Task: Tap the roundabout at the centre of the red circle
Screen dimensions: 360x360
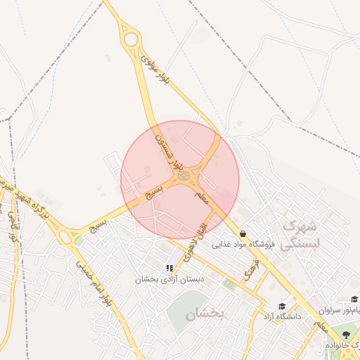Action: [x=184, y=175]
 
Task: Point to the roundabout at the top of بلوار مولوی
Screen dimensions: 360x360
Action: [x=131, y=39]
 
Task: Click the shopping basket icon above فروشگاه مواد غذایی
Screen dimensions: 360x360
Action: [x=243, y=233]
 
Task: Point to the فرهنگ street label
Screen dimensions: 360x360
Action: [x=251, y=269]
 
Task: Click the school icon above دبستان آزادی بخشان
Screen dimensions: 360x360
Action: [x=169, y=268]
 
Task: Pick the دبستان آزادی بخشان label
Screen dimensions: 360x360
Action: [x=169, y=279]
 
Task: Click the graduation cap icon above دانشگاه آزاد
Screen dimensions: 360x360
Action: [x=282, y=307]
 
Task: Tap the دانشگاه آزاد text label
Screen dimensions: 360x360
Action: [x=282, y=317]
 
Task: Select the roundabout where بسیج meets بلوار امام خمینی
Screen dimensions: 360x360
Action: [x=70, y=238]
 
